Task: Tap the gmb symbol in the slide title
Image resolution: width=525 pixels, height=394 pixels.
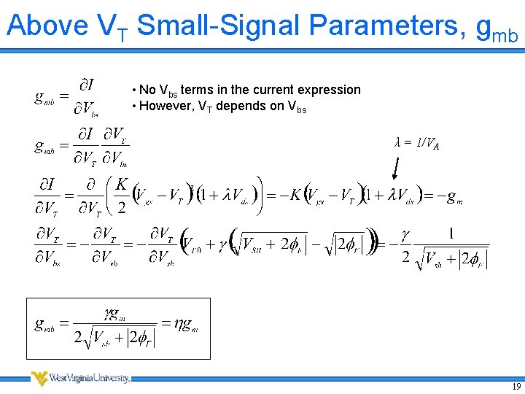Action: coord(497,29)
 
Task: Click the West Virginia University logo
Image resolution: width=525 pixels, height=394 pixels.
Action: coord(80,378)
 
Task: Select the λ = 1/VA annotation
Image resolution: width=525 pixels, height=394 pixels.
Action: coord(416,144)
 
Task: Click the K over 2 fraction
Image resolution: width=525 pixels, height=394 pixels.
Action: coord(121,196)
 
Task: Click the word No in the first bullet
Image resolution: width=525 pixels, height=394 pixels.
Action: coord(147,90)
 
